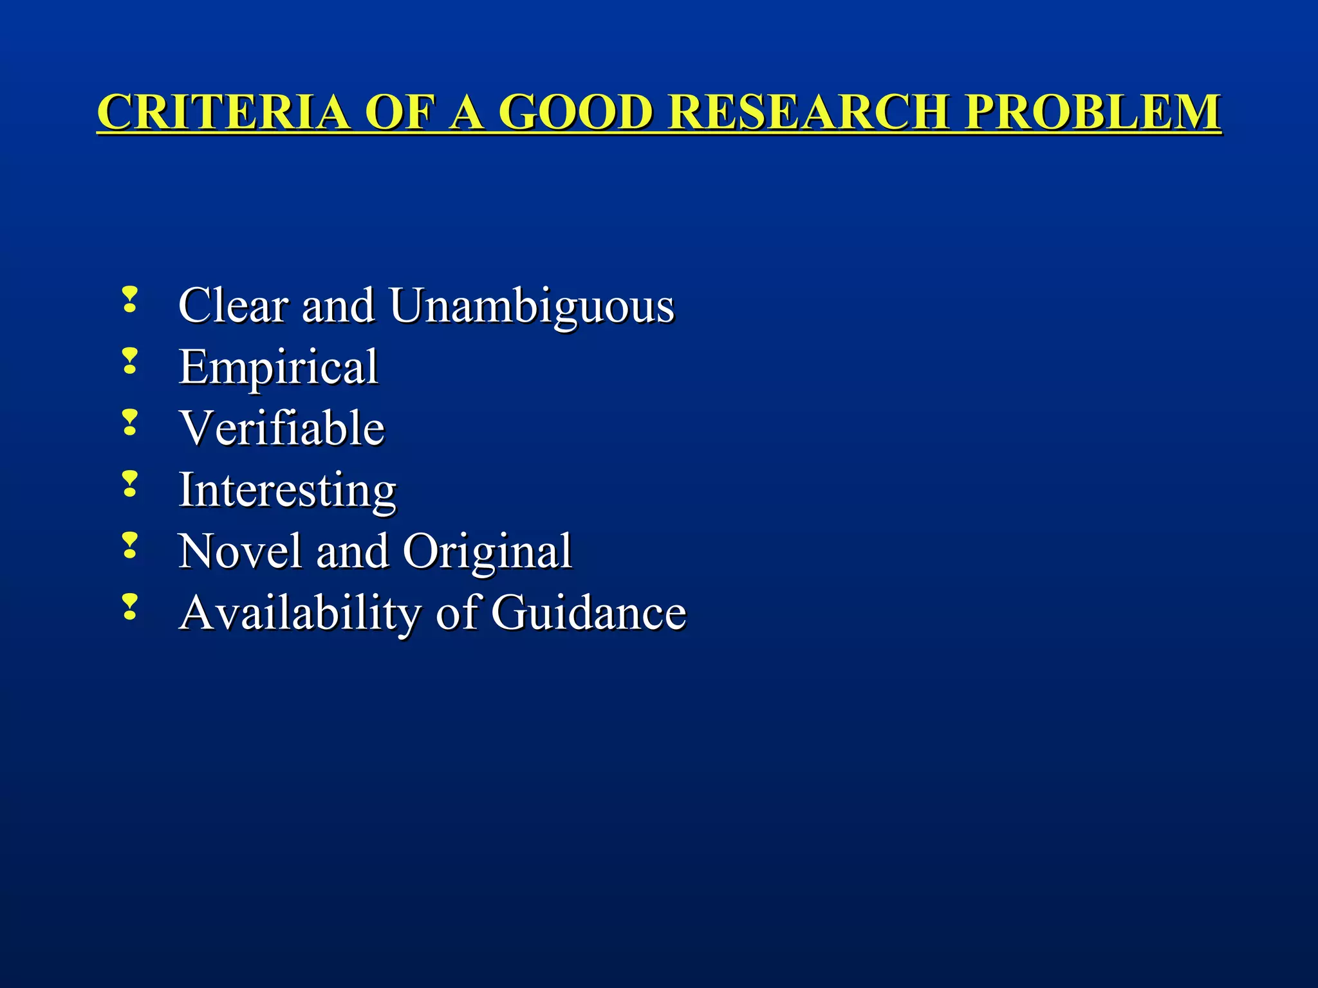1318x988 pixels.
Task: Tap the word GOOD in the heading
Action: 576,113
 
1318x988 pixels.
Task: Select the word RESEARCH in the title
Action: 808,113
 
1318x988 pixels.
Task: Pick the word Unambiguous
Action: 532,306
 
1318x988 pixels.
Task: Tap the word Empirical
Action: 278,367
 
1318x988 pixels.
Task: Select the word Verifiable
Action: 282,428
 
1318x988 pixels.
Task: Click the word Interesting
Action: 287,491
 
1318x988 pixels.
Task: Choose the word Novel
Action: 239,551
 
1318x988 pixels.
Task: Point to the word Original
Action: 487,553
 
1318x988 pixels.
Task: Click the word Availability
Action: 300,614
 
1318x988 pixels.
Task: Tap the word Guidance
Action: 589,612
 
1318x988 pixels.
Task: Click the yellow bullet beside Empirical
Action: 130,361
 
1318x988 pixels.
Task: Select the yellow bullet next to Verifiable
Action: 130,423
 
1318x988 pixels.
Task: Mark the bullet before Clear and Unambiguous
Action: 130,300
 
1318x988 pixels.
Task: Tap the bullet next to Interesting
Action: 130,484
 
